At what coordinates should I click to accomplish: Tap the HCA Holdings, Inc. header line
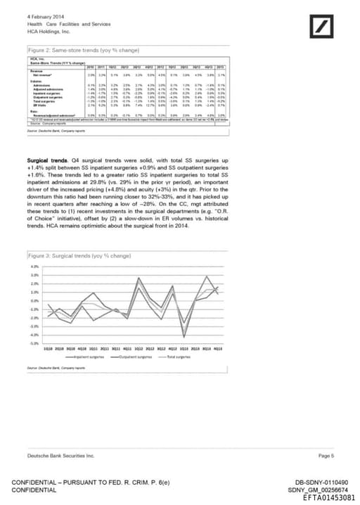pyautogui.click(x=49, y=32)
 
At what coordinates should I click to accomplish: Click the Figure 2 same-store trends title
pyautogui.click(x=75, y=52)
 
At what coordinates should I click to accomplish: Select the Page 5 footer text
pyautogui.click(x=326, y=456)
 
